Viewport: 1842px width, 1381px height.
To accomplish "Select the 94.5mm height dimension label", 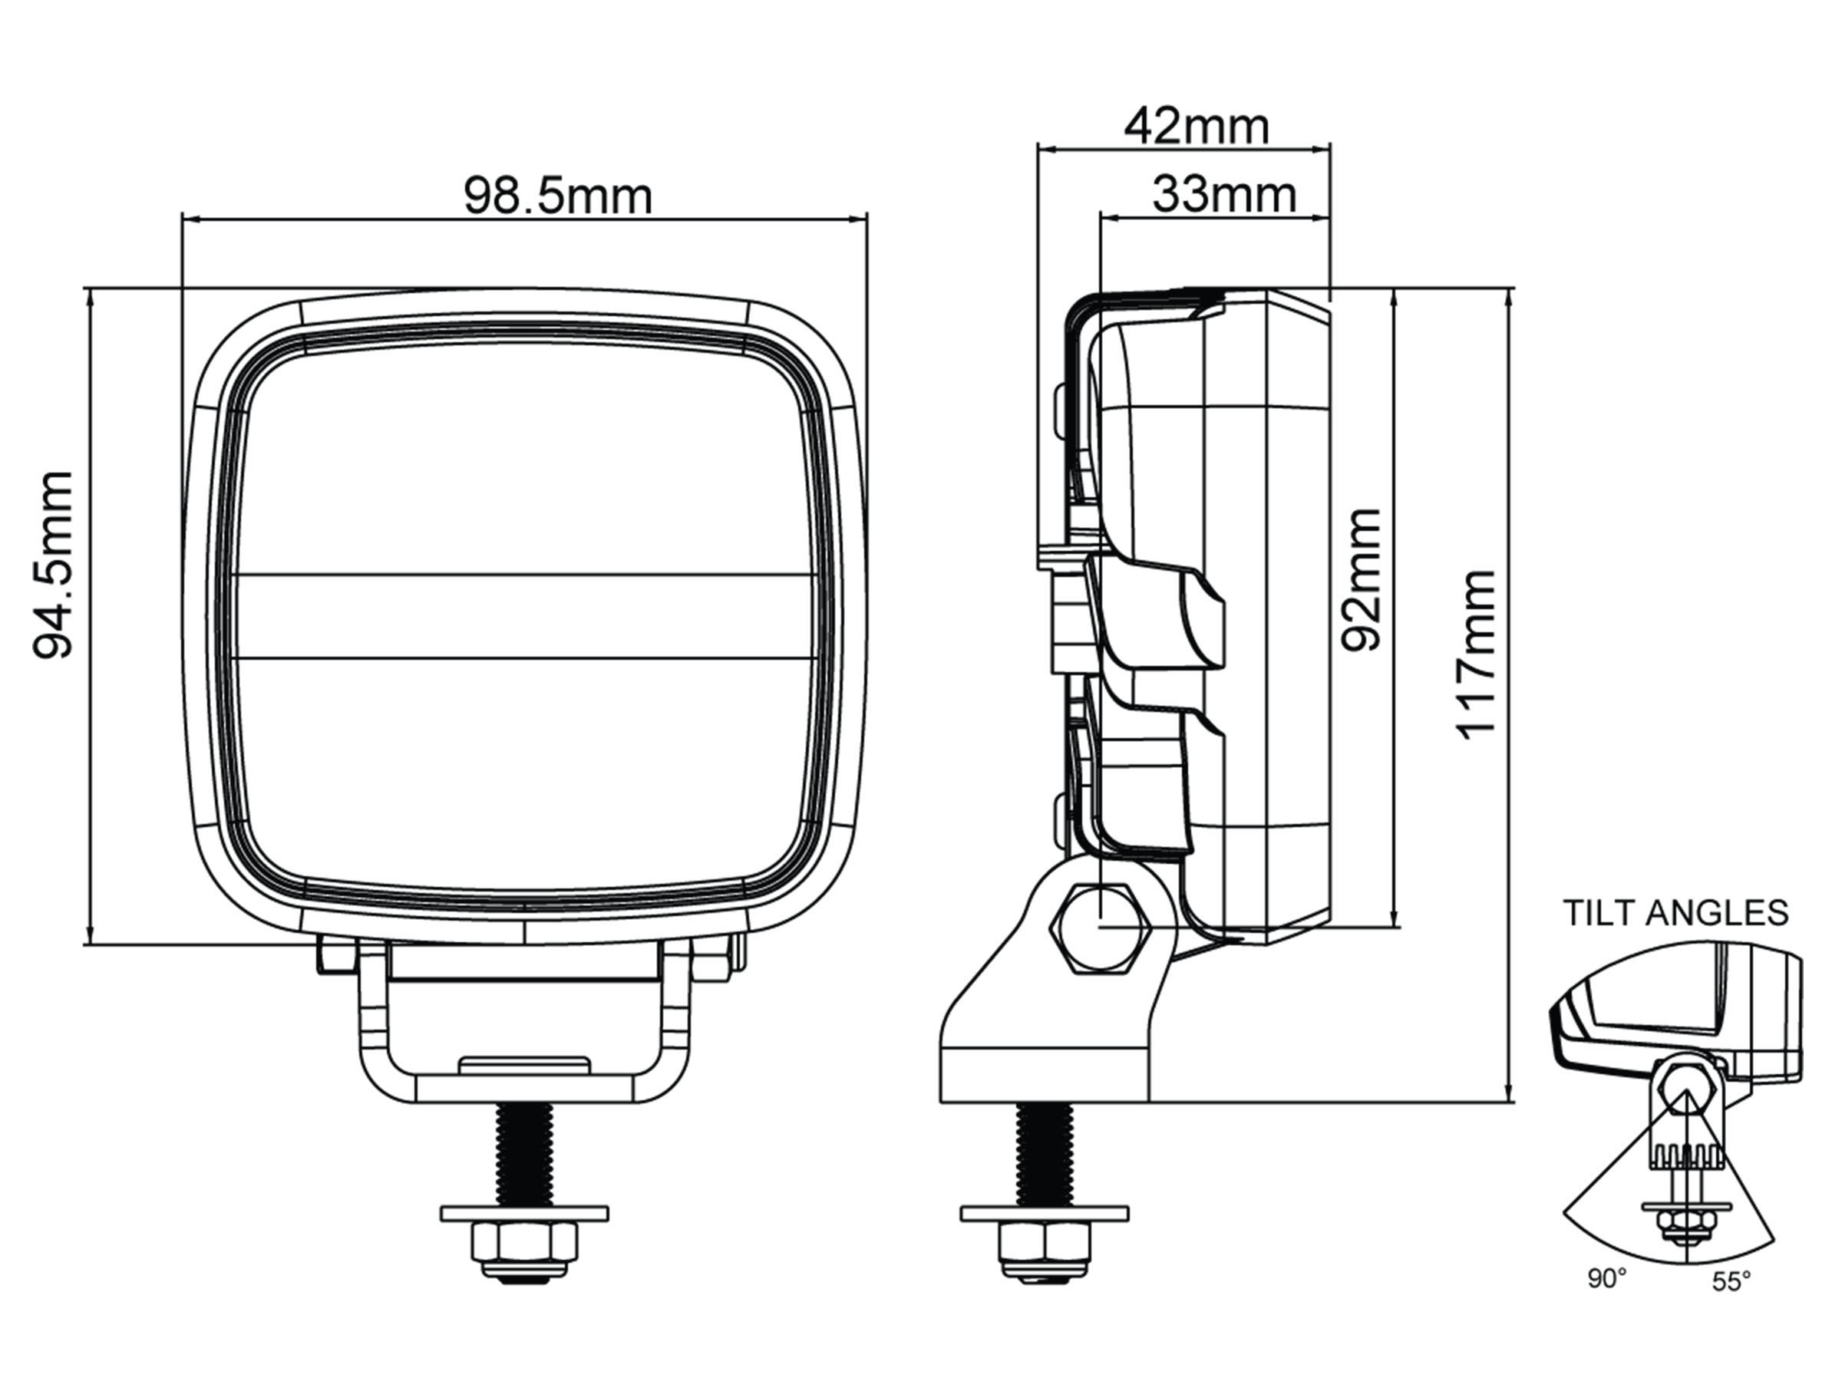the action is (x=53, y=565).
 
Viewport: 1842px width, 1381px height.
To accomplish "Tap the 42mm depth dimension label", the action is (x=1197, y=127).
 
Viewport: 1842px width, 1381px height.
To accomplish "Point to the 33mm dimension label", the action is (x=1224, y=195).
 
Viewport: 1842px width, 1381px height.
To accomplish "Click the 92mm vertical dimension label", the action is (x=1361, y=579).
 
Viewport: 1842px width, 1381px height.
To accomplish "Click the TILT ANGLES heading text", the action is (x=1675, y=913).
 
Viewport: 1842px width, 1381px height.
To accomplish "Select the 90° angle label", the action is (x=1606, y=1302).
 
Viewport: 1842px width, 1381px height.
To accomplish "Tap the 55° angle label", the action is (x=1731, y=1304).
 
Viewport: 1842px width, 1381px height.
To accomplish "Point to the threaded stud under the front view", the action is (x=523, y=1154).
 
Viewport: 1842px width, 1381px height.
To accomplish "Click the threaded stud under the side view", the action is (x=1045, y=1154).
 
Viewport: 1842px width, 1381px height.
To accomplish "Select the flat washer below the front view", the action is (x=523, y=1214).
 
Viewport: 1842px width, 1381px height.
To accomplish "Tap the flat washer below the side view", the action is (x=1045, y=1214).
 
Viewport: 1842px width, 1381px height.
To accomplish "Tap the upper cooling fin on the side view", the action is (x=1157, y=615).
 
